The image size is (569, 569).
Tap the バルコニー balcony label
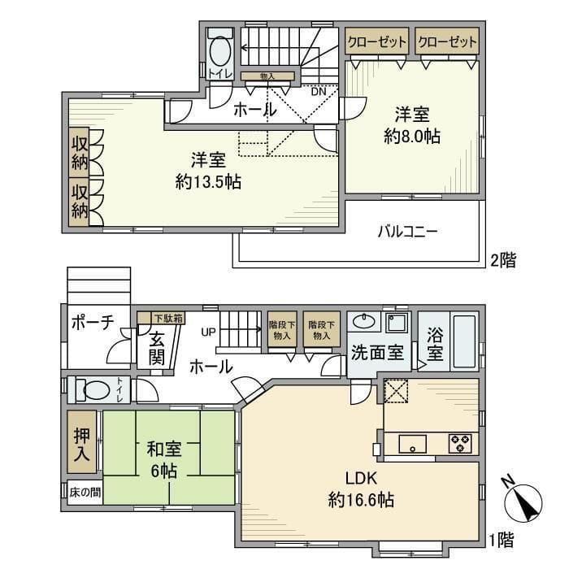[407, 232]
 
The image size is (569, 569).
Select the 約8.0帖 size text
[412, 137]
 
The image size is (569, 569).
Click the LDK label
[361, 478]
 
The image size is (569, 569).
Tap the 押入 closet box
[82, 445]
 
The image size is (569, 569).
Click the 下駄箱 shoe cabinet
[154, 319]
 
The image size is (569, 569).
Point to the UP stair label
[207, 332]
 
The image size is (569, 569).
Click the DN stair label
[319, 91]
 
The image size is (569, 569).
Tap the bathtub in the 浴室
[463, 342]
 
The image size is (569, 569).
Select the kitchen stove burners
[461, 444]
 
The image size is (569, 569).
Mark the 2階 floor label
[503, 261]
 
